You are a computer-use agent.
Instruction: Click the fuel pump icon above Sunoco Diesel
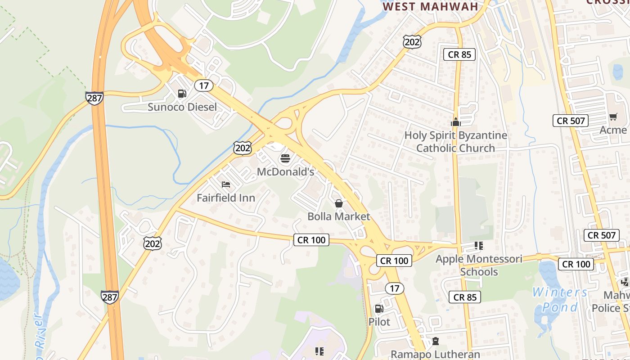[x=182, y=94]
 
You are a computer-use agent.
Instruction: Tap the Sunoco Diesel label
[x=182, y=107]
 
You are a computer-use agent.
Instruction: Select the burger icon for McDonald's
[x=285, y=158]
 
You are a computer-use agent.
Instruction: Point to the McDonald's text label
[x=285, y=172]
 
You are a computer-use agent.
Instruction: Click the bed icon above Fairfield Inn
[x=226, y=184]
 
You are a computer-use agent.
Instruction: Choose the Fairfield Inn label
[x=226, y=198]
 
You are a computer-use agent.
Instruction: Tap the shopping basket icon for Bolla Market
[x=339, y=203]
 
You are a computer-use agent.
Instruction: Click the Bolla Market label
[x=339, y=216]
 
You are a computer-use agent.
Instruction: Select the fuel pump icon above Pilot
[x=379, y=309]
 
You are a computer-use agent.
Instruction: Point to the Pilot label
[x=379, y=322]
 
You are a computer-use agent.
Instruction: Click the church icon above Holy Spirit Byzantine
[x=456, y=121]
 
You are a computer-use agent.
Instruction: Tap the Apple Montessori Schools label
[x=479, y=265]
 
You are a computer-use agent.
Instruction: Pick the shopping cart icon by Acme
[x=613, y=117]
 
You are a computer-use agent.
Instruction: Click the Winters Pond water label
[x=560, y=300]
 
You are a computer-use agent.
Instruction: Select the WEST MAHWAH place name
[x=430, y=7]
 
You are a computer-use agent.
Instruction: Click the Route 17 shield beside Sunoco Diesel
[x=204, y=85]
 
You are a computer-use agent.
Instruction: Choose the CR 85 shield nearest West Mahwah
[x=459, y=55]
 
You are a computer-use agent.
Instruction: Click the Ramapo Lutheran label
[x=435, y=354]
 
